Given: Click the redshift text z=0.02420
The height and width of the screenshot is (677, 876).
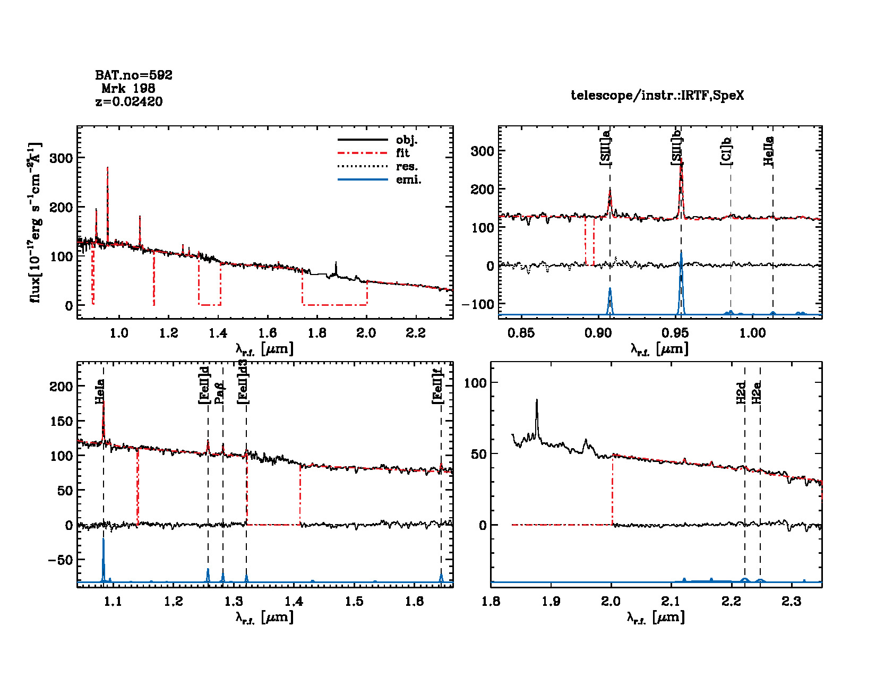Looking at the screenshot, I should coord(129,101).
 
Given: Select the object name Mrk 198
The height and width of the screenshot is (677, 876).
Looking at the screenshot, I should coord(128,88).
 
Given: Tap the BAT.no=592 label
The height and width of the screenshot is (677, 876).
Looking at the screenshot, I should coord(134,75).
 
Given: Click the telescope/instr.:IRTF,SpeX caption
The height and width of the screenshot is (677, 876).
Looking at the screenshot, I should coord(657,95).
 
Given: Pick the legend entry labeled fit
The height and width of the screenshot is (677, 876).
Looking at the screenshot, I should coord(402,153).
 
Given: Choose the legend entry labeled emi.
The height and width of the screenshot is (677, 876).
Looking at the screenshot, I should coord(408,179).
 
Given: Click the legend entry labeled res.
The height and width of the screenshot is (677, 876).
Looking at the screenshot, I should coord(407,166).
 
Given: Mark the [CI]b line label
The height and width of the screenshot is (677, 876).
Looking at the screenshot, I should coord(726,151).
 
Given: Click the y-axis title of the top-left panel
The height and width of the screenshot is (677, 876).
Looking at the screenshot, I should coord(35,222).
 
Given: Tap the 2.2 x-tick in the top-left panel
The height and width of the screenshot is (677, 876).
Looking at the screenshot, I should coord(416,333).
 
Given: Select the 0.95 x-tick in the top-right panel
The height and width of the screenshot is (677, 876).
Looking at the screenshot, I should coord(675,333).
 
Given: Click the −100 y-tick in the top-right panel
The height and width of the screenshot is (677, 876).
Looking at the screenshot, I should coord(478,304).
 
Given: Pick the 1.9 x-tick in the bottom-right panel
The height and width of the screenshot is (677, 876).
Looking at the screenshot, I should coord(551,601).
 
